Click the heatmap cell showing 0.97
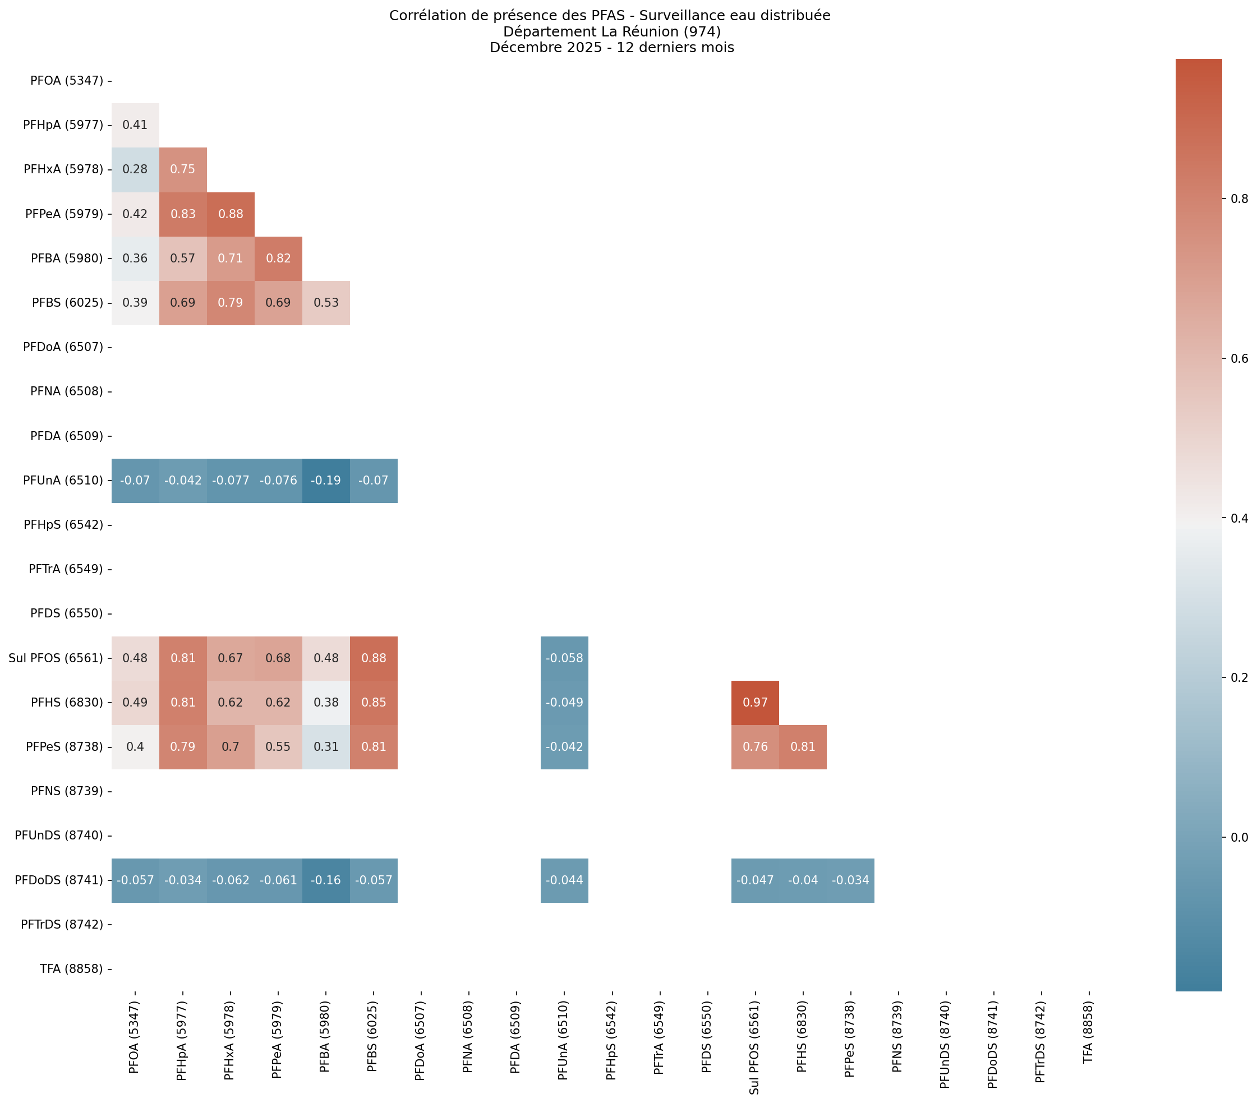point(754,702)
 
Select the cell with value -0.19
point(326,480)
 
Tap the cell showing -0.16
point(326,880)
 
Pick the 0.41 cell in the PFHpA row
point(135,125)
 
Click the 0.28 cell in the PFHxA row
point(135,169)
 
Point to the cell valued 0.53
point(326,302)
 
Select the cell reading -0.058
point(564,658)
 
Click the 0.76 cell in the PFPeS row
point(754,746)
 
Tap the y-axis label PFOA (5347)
point(66,81)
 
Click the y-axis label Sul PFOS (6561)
point(56,658)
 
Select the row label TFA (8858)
point(71,969)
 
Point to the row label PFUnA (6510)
point(63,480)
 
